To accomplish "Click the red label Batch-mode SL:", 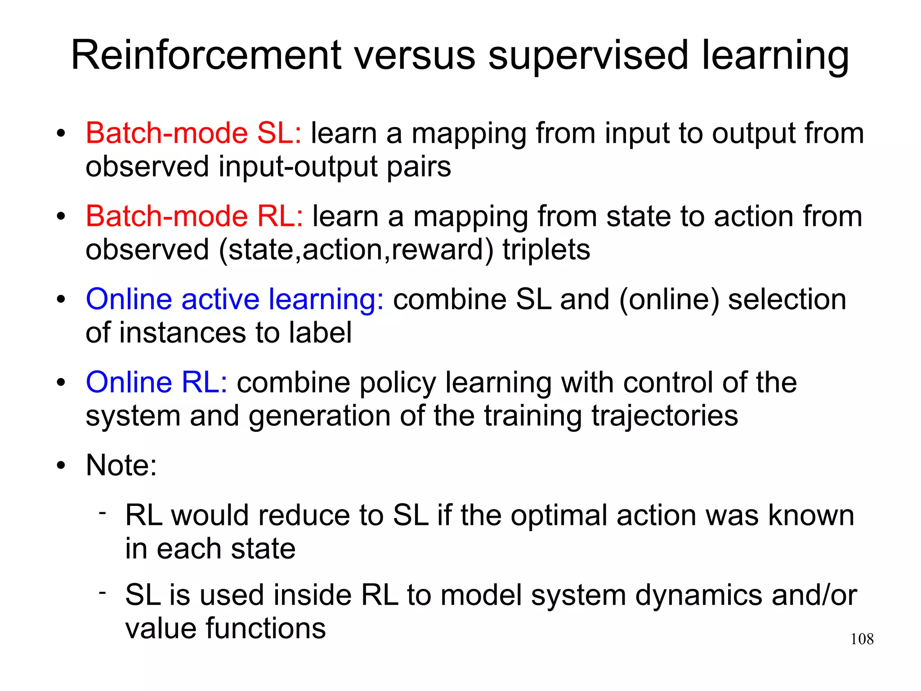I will [x=193, y=133].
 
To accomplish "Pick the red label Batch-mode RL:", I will [x=194, y=216].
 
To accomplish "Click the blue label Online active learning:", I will [x=235, y=299].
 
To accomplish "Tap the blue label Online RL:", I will [x=156, y=383].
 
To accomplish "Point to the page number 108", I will [x=862, y=639].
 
